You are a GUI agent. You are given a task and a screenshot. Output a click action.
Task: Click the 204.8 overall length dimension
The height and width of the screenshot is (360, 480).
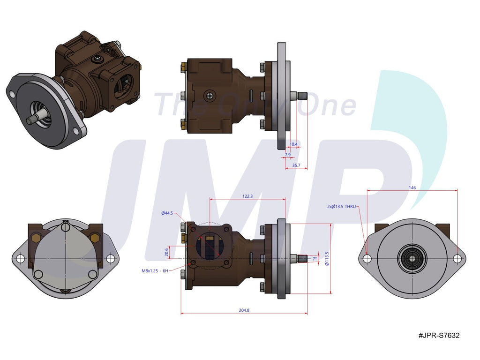pos(244,310)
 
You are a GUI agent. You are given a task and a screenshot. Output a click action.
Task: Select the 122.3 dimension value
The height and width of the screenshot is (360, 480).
pos(248,196)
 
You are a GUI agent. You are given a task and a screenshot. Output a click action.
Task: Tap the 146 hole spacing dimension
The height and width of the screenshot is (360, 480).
pos(412,187)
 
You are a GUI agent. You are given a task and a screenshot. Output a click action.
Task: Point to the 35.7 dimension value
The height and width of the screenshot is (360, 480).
pos(296,165)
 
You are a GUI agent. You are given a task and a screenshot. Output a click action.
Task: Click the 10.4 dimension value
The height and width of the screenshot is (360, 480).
pos(293,144)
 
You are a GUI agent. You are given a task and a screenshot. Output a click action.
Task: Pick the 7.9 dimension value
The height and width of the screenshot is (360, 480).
pos(288,154)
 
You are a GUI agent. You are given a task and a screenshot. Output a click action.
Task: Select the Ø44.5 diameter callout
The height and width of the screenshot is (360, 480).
pos(167,213)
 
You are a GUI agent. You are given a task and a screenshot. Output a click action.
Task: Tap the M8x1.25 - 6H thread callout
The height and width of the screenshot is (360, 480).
pos(155,270)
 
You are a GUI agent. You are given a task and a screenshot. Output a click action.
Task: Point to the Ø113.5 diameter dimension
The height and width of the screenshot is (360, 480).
pos(327,259)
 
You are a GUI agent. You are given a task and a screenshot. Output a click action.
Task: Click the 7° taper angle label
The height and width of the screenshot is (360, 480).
pos(315,258)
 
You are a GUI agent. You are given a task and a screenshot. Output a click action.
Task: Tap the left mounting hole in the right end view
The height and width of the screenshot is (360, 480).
pos(367,258)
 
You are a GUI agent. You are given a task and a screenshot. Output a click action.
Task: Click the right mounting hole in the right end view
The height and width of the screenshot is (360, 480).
pos(457,258)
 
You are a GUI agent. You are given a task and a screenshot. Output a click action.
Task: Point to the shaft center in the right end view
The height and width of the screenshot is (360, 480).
pos(412,258)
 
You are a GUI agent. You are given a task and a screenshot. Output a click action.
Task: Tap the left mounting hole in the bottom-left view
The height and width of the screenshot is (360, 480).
pos(20,259)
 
